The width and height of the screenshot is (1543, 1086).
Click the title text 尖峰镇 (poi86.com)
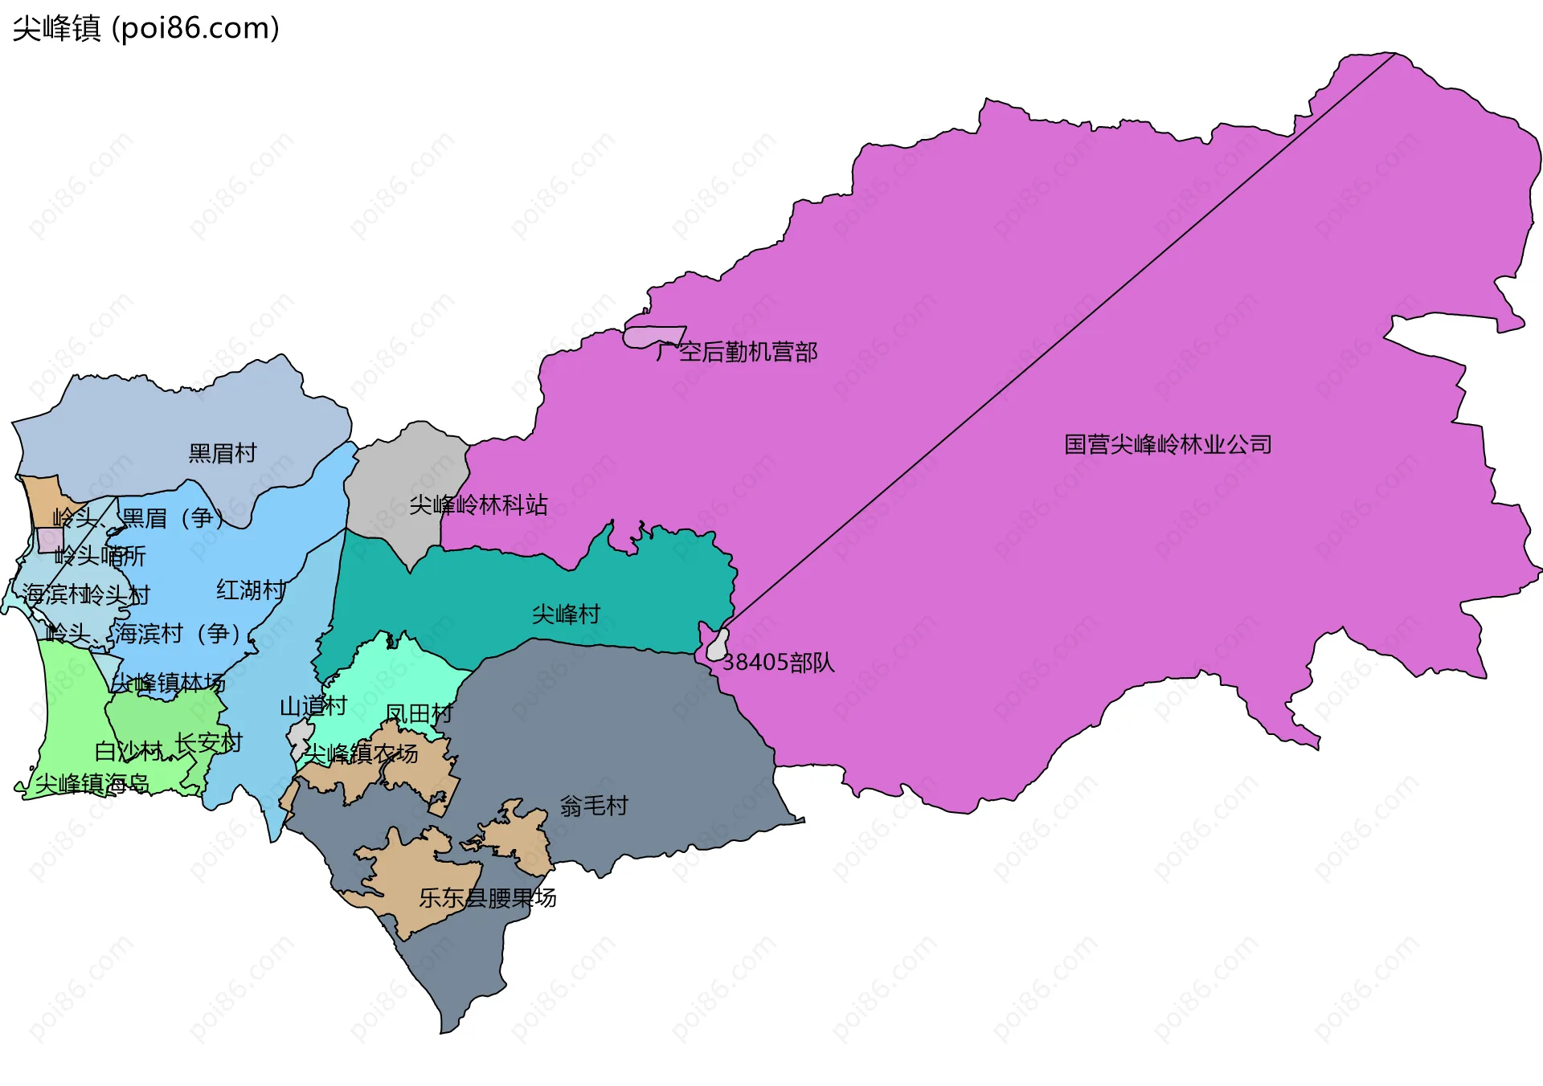coord(145,28)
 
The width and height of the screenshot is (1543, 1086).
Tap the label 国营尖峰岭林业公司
coord(1167,444)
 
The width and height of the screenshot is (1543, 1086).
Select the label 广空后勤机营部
coord(736,352)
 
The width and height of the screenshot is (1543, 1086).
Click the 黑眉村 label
coord(222,453)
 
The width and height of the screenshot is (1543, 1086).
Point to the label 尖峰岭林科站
coord(478,505)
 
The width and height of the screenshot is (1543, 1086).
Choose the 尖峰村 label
coord(566,614)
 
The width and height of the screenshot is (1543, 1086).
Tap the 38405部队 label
coord(778,663)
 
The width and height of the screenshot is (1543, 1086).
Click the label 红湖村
coord(250,590)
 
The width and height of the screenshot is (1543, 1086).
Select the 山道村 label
coord(313,707)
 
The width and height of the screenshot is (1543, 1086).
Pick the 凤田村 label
coord(419,713)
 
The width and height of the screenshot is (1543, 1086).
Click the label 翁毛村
coord(593,806)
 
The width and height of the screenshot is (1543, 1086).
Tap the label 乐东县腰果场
coord(487,898)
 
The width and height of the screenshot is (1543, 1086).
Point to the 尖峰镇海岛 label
coord(92,783)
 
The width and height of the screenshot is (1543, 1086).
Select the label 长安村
coord(208,743)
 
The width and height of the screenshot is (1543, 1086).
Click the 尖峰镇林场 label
coord(168,683)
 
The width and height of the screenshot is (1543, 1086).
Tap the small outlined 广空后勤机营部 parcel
coord(653,337)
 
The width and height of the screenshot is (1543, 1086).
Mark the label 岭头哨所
coord(100,556)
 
